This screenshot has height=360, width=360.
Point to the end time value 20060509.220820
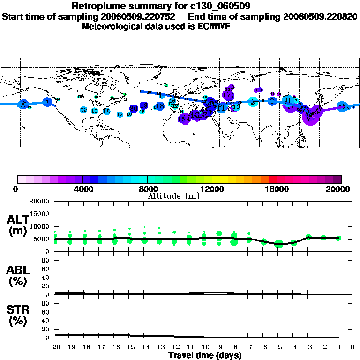click(x=320, y=16)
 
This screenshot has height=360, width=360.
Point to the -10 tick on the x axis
click(x=204, y=347)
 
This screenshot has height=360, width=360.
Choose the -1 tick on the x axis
click(x=338, y=347)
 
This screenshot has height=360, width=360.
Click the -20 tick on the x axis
click(x=55, y=347)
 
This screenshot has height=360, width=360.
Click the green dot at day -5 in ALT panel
click(x=279, y=244)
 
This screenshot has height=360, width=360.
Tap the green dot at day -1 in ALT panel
click(x=338, y=238)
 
